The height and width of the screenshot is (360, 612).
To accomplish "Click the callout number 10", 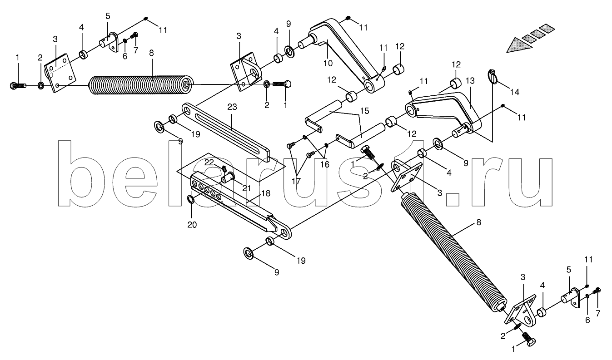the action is click(328, 63).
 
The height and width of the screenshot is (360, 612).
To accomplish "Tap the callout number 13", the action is click(470, 81).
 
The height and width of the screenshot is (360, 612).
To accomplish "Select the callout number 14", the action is click(514, 92).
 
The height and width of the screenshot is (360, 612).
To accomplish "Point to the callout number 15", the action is click(365, 111).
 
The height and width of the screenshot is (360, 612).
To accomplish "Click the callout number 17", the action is click(296, 181).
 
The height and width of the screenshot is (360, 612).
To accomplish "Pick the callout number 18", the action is click(266, 193).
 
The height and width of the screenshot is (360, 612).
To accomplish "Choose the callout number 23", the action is click(232, 107).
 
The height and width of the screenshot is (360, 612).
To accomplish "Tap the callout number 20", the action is click(192, 225).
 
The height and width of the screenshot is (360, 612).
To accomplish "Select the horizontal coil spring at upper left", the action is click(141, 84).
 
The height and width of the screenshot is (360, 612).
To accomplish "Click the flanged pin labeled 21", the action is click(228, 178).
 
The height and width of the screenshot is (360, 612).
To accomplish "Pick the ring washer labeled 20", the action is click(191, 199).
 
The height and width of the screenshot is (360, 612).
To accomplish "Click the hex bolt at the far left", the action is click(19, 85).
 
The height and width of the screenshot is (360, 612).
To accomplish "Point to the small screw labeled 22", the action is click(224, 168).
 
